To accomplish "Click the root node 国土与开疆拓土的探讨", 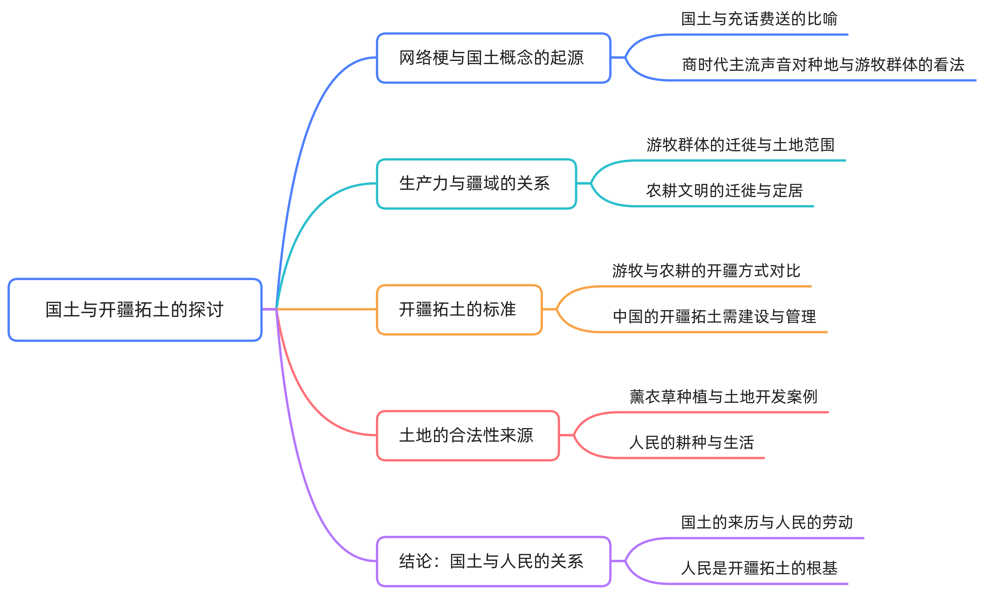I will (x=135, y=309).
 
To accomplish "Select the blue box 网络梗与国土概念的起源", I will (x=493, y=58).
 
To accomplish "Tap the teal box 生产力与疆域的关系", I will (x=476, y=184).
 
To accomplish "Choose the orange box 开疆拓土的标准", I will (x=459, y=309).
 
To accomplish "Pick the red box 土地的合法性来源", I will (x=467, y=435).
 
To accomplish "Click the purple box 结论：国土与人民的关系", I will (x=493, y=561).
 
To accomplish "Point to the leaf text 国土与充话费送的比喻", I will (x=759, y=19).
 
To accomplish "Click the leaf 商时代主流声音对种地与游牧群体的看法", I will (x=823, y=64).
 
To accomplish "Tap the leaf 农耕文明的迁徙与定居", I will (x=724, y=190).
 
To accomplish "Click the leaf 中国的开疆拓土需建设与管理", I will (x=714, y=316).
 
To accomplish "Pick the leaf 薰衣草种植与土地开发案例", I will (x=723, y=397).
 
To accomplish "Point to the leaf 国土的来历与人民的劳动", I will (x=767, y=523).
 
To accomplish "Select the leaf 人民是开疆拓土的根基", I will (x=759, y=568).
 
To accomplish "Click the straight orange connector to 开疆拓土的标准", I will (x=326, y=309).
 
